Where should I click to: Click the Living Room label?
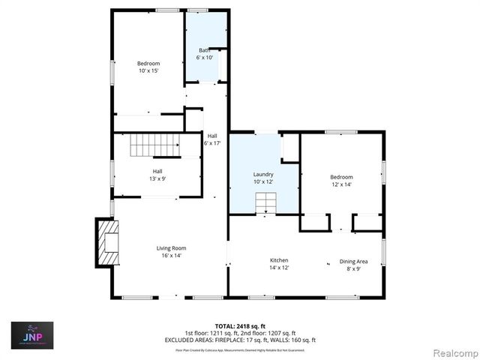click(x=171, y=248)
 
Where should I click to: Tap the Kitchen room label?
click(x=279, y=260)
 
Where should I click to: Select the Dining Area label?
click(x=353, y=260)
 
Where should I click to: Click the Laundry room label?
click(x=262, y=174)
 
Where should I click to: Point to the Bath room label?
click(x=204, y=49)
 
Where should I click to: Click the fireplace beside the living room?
click(x=107, y=242)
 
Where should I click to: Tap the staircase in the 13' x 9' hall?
click(x=155, y=145)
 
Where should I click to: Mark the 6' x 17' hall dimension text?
click(x=212, y=142)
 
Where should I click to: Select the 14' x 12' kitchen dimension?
click(x=279, y=268)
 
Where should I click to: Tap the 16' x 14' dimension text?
click(x=171, y=256)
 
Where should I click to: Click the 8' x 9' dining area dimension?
click(x=353, y=268)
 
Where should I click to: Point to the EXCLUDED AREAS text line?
click(x=240, y=340)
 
